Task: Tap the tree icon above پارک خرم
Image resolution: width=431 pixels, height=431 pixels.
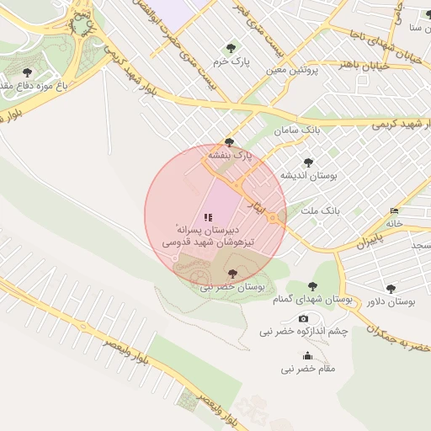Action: (230, 48)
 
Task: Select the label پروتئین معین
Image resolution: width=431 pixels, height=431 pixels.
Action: (294, 72)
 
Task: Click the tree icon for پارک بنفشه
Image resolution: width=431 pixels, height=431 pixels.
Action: (229, 142)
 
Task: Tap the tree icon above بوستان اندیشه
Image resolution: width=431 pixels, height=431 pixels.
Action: (308, 162)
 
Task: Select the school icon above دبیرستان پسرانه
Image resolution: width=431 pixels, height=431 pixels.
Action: (208, 217)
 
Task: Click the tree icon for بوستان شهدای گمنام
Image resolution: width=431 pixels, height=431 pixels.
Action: (313, 286)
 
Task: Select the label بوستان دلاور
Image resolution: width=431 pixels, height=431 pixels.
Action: (392, 301)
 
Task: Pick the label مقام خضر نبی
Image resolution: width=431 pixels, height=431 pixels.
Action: (308, 369)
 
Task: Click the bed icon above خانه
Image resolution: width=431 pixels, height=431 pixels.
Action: (395, 210)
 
